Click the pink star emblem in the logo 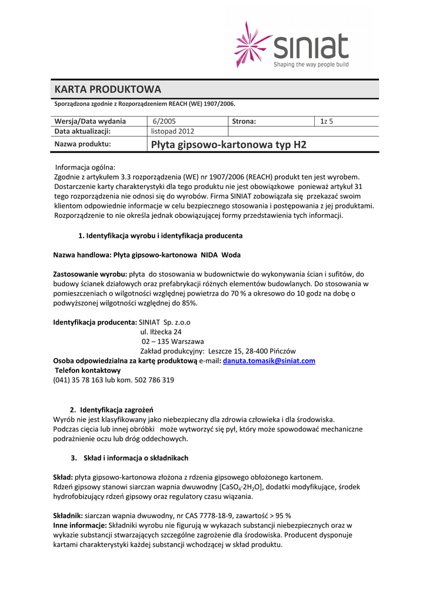[254, 44]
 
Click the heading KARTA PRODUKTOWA [108, 89]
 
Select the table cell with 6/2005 [164, 121]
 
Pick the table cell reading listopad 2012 [172, 131]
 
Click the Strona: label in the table [244, 121]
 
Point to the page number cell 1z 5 [327, 121]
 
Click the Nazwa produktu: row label [83, 144]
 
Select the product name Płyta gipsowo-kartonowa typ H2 [229, 144]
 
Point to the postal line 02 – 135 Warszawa [172, 341]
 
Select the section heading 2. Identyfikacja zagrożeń [112, 409]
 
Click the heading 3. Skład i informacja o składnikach [129, 458]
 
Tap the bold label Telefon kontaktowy [88, 370]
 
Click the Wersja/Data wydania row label [90, 121]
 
